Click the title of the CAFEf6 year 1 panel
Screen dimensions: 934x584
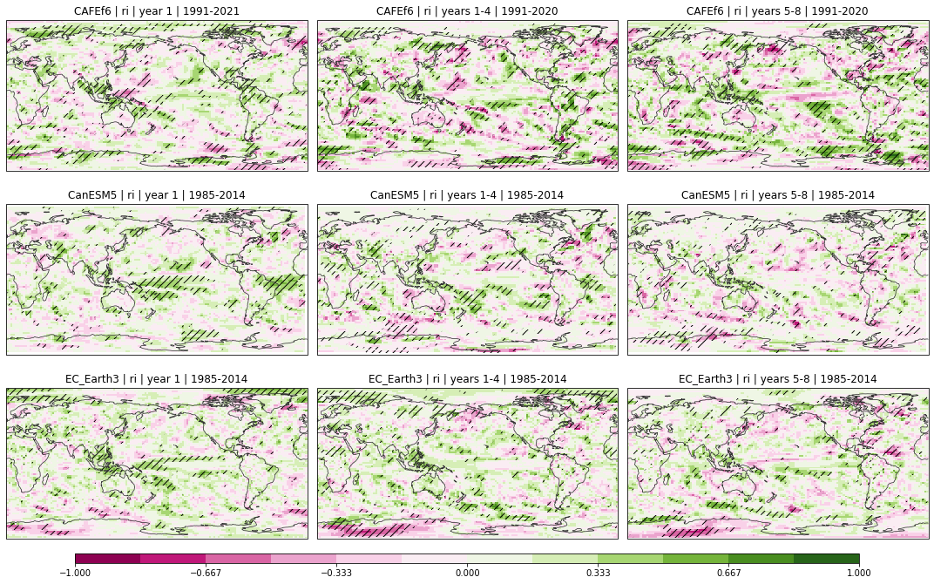click(157, 11)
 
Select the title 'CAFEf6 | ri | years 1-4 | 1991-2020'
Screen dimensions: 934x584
click(468, 11)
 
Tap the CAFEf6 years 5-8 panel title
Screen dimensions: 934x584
click(778, 11)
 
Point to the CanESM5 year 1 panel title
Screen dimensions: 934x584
click(157, 195)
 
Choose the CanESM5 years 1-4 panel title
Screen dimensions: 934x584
click(468, 195)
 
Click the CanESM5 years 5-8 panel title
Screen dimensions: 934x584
click(778, 195)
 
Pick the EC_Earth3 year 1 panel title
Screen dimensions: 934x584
click(157, 379)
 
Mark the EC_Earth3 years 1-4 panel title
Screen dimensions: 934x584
click(468, 379)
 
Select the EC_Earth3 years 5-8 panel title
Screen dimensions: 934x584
click(778, 379)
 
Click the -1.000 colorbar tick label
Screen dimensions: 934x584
click(75, 574)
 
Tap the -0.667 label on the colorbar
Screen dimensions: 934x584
click(206, 574)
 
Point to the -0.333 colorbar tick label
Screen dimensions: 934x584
click(336, 574)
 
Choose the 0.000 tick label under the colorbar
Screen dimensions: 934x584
click(467, 574)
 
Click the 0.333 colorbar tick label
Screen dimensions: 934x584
click(598, 574)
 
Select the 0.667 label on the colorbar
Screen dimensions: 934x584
click(728, 574)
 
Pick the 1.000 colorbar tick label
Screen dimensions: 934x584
click(859, 574)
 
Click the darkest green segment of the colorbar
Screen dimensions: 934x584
click(826, 559)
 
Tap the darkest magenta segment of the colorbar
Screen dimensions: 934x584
click(108, 559)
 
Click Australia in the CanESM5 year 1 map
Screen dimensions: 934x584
click(118, 299)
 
